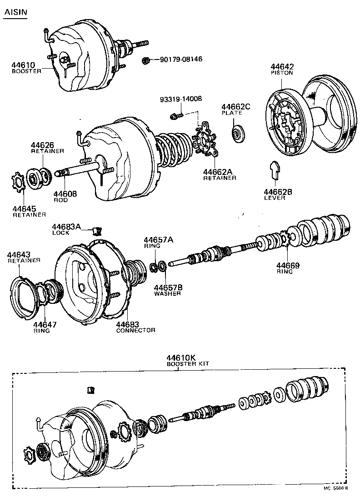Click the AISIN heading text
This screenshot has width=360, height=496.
tap(15, 13)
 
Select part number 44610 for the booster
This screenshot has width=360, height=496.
tap(22, 65)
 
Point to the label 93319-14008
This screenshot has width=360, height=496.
tap(180, 99)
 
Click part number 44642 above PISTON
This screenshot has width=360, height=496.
tap(282, 66)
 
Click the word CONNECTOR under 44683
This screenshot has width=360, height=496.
tap(135, 330)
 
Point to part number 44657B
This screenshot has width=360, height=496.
tap(168, 288)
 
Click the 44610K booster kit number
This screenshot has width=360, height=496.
tap(180, 358)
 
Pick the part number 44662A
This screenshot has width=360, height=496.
tap(217, 172)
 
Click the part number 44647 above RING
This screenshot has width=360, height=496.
tap(44, 325)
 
